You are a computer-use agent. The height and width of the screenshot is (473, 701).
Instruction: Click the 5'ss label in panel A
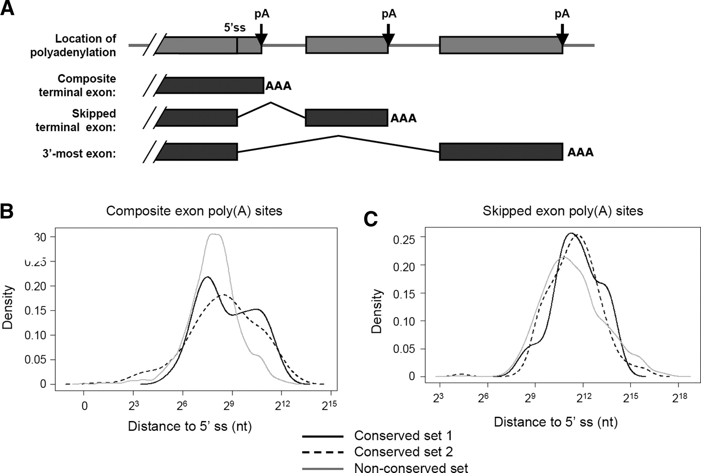[234, 28]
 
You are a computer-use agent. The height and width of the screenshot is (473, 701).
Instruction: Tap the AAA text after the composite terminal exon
[278, 86]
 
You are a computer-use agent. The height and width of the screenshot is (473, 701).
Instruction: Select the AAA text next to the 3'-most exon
[580, 152]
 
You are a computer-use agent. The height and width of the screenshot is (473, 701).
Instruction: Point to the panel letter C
[370, 219]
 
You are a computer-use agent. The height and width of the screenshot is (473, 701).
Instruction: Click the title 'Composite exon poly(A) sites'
[194, 211]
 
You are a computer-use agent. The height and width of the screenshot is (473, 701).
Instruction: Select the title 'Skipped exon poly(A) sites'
[562, 211]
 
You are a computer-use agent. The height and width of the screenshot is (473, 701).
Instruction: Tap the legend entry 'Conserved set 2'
[403, 452]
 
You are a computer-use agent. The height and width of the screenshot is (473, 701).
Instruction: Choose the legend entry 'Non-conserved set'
[411, 468]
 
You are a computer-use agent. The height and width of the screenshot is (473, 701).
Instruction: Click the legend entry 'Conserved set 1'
[403, 436]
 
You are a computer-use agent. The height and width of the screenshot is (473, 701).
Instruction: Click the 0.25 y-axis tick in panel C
[404, 238]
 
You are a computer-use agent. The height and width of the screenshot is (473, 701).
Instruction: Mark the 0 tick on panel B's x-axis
[84, 406]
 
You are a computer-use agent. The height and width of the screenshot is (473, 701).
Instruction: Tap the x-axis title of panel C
[555, 422]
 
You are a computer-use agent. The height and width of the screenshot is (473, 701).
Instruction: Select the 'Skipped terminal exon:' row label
[76, 120]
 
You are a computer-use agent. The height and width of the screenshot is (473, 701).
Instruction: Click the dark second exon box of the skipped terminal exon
[346, 118]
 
